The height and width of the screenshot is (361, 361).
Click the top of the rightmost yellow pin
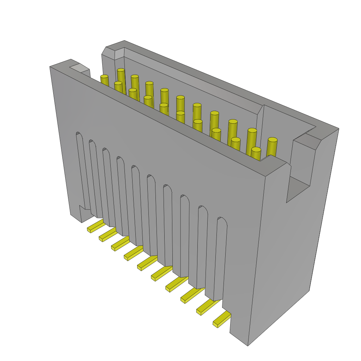tap(273, 140)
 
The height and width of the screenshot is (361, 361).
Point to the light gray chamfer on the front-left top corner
tap(79, 67)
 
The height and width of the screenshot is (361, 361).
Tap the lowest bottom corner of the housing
tap(247, 345)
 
